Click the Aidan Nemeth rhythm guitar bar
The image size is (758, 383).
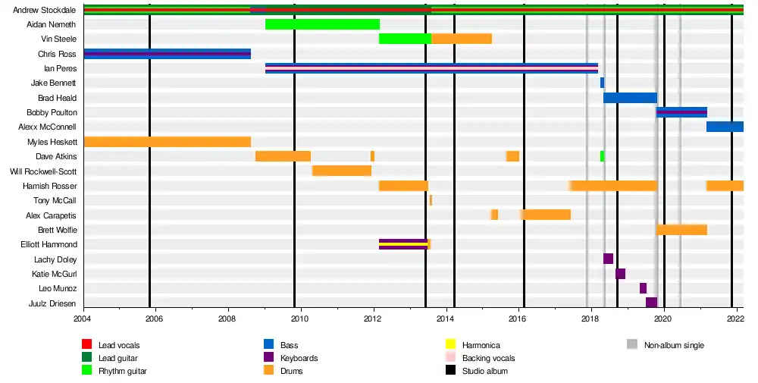coord(322,24)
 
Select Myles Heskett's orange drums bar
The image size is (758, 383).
coord(167,142)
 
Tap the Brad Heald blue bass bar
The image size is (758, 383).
coord(630,98)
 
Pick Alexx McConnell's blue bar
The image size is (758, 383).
coord(725,127)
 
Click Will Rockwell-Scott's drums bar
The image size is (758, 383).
coord(341,171)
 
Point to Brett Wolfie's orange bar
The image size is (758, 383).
coord(681,230)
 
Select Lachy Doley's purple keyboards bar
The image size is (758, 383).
coord(608,259)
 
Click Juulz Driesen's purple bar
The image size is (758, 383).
coord(651,303)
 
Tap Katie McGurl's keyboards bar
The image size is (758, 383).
coord(620,274)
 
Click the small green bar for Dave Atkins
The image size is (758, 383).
coord(602,156)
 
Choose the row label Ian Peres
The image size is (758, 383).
coord(60,68)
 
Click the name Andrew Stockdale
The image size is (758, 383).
coord(45,10)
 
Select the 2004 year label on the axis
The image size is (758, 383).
coord(83,319)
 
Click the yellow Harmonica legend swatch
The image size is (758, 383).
coord(450,345)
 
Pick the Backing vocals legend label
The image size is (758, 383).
coord(488,358)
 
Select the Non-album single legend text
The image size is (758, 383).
coord(674,345)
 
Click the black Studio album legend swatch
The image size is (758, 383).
coord(450,371)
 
